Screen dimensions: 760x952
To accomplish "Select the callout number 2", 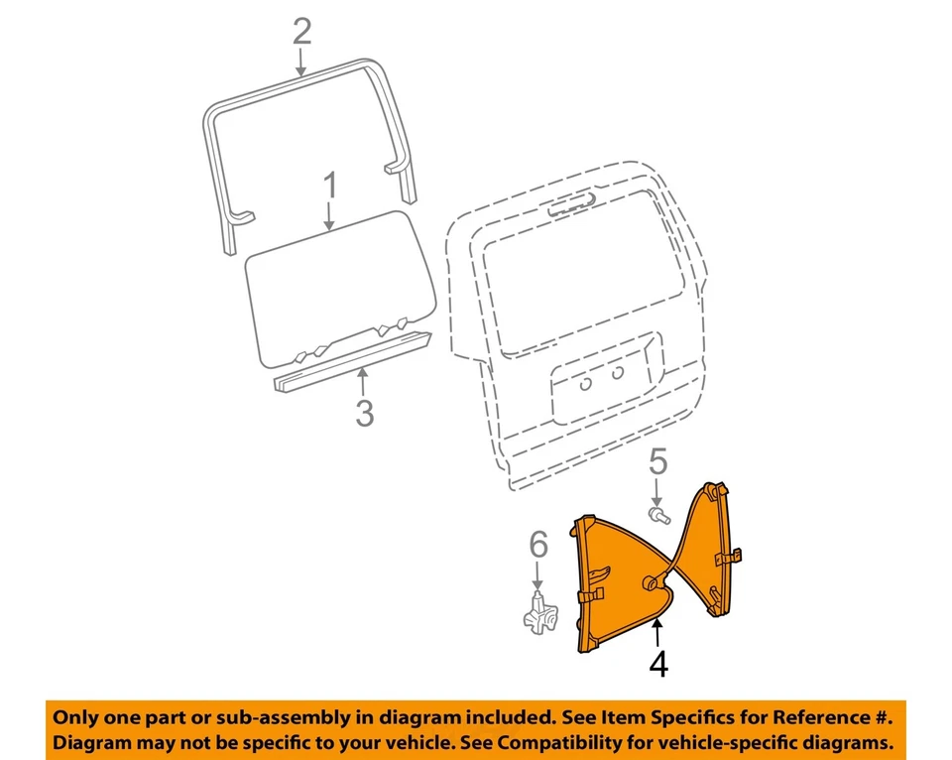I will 301,32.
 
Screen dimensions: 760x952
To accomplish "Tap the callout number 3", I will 364,412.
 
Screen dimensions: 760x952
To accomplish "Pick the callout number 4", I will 657,663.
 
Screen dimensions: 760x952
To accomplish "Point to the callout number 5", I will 658,462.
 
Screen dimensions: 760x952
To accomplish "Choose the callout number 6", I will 536,544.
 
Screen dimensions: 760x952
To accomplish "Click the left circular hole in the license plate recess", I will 587,383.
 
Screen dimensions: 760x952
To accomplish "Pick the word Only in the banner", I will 76,717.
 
